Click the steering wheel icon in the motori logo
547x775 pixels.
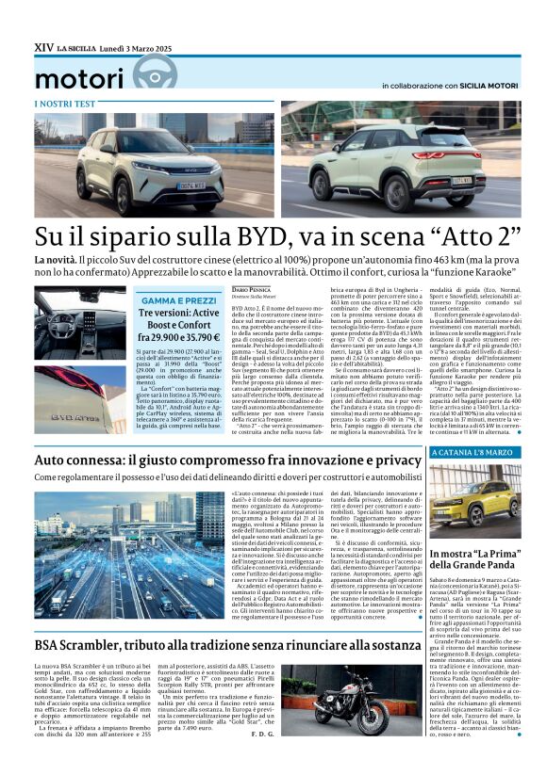point(155,73)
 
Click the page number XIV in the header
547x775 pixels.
point(43,45)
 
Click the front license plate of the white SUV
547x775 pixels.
point(191,186)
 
